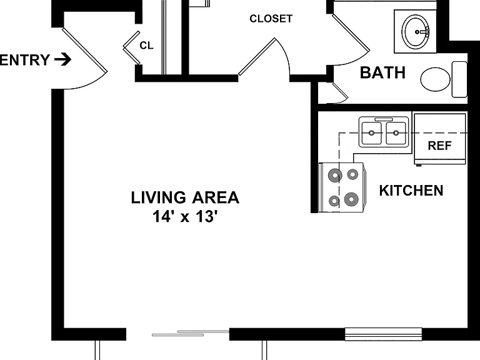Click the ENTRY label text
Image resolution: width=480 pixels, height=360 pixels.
(24, 60)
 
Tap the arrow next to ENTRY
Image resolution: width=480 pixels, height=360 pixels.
(63, 59)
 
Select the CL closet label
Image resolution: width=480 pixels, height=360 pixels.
(146, 46)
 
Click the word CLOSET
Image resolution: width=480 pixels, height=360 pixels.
(271, 19)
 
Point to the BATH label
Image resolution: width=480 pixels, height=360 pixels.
(382, 72)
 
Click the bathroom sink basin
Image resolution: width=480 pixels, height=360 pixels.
(416, 31)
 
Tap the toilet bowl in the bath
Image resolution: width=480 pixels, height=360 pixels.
(435, 79)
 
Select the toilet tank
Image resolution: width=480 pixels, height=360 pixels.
(459, 79)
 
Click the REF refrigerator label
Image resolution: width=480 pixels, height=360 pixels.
(439, 146)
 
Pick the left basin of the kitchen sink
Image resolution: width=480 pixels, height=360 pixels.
(372, 133)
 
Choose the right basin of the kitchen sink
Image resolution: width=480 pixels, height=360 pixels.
(396, 133)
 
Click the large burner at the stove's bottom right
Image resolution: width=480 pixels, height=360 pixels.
(351, 199)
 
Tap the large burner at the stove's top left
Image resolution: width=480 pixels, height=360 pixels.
(334, 176)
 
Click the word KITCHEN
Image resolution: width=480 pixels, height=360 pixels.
(411, 191)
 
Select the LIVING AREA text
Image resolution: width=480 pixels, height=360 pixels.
(185, 197)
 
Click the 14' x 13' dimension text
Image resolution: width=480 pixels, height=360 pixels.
(185, 216)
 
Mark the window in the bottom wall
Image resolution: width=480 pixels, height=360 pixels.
(383, 334)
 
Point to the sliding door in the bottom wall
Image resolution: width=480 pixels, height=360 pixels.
(191, 333)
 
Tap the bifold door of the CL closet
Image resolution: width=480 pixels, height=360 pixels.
(132, 47)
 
